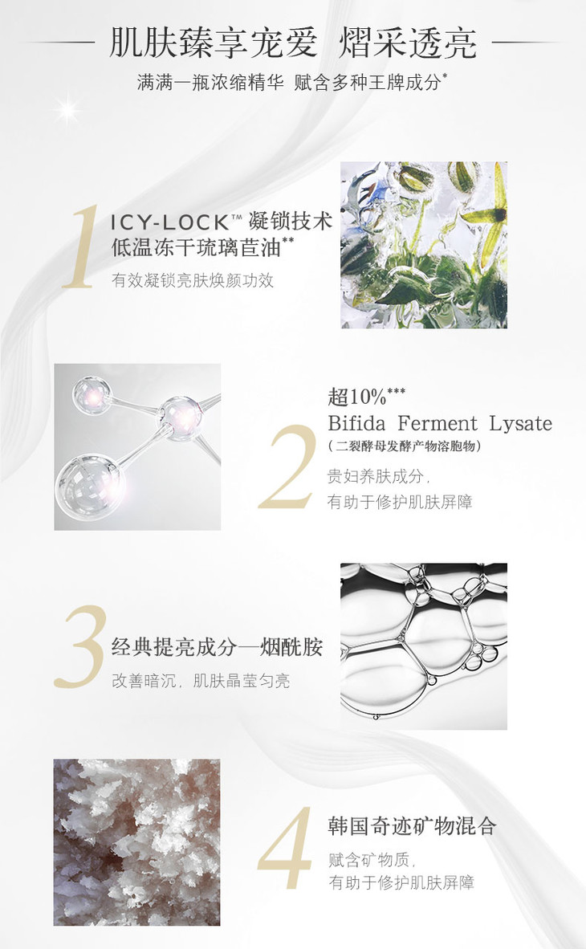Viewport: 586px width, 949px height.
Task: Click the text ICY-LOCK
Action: coord(169,222)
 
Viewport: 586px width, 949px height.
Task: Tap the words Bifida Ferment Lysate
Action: coord(440,423)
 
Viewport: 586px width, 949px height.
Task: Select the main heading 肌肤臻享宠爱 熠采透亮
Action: coord(293,43)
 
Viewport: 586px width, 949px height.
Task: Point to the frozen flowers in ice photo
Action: coord(424,245)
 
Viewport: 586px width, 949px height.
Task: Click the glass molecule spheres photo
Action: coord(137,447)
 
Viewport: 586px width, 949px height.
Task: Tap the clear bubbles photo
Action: coord(424,646)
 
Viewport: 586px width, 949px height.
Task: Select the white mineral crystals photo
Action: coord(136,842)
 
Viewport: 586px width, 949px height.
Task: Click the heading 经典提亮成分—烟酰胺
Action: coord(218,647)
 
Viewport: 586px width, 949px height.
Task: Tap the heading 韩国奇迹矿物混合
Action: coord(413,826)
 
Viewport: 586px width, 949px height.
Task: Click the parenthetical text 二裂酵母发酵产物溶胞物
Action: coord(405,446)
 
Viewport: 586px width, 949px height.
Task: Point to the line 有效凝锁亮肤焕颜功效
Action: coord(193,280)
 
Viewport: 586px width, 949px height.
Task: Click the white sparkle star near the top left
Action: coord(67,112)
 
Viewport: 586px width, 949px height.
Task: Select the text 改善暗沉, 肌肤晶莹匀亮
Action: coord(201,681)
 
